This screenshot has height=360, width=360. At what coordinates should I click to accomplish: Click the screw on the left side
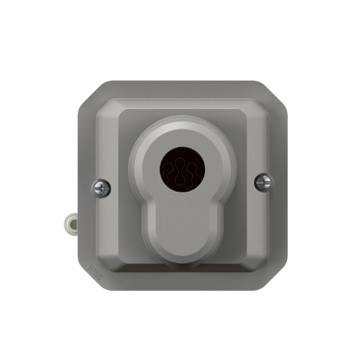coord(101,188)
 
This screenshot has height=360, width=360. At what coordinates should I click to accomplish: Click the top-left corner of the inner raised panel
coord(111,108)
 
